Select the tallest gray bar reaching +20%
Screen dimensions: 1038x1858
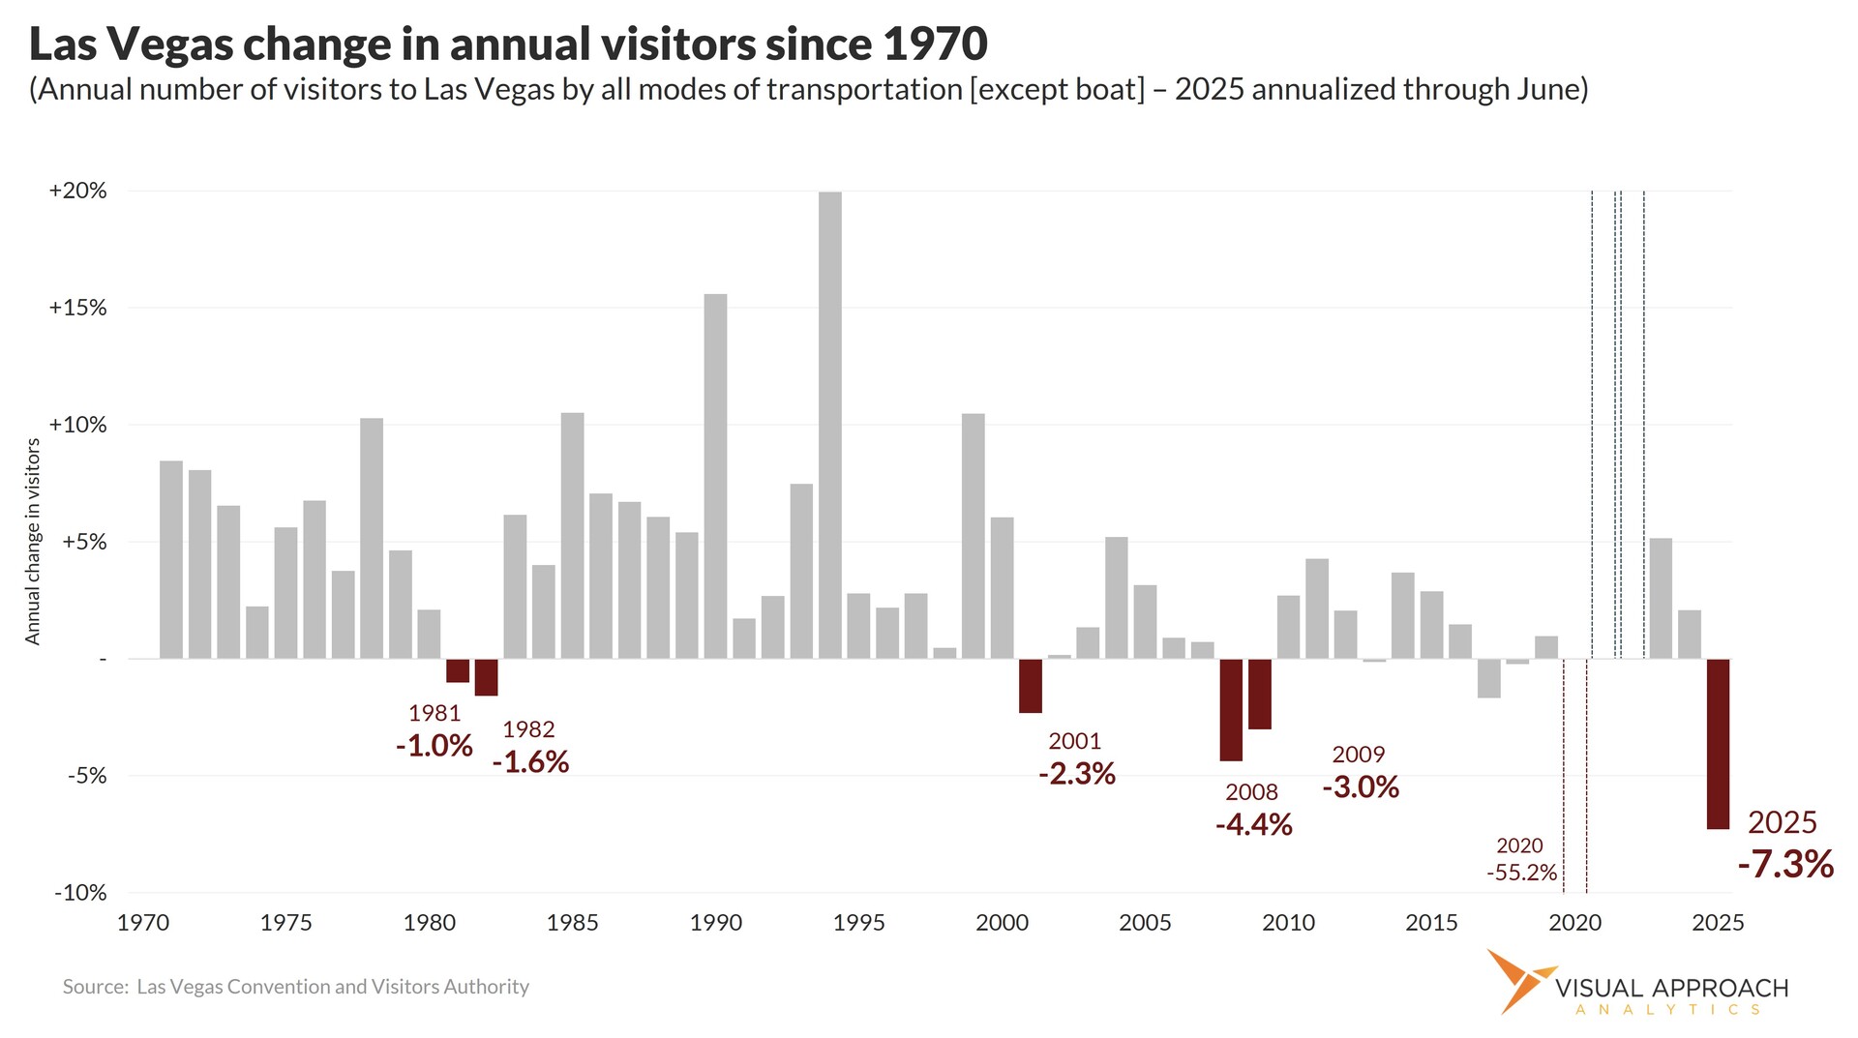pyautogui.click(x=829, y=426)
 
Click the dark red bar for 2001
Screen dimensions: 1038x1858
pyautogui.click(x=1031, y=685)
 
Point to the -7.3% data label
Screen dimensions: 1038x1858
pyautogui.click(x=1785, y=864)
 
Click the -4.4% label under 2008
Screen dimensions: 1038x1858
pyautogui.click(x=1253, y=824)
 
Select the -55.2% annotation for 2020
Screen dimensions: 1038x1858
pyautogui.click(x=1521, y=873)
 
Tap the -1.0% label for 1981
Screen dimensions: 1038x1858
pyautogui.click(x=434, y=746)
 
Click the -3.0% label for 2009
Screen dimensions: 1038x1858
pyautogui.click(x=1360, y=786)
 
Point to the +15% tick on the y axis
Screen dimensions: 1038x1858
pyautogui.click(x=77, y=308)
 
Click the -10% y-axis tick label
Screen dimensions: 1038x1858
pyautogui.click(x=79, y=893)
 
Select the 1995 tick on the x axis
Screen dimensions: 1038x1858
pyautogui.click(x=858, y=923)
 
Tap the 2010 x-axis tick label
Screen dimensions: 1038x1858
pyautogui.click(x=1288, y=923)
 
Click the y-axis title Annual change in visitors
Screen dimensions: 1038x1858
pyautogui.click(x=33, y=542)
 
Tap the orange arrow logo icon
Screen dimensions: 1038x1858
pyautogui.click(x=1519, y=979)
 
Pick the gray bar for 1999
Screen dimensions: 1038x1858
pyautogui.click(x=973, y=536)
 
